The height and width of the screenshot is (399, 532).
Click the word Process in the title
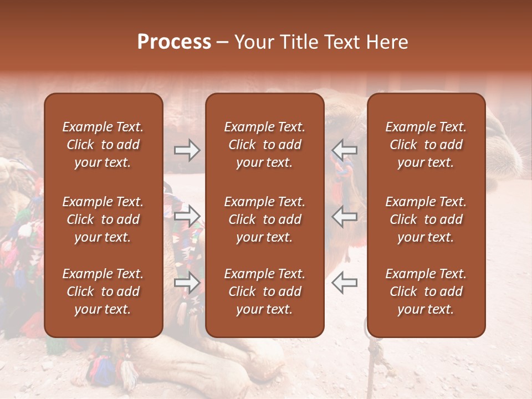pyautogui.click(x=174, y=42)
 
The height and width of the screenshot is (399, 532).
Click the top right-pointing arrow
pyautogui.click(x=187, y=150)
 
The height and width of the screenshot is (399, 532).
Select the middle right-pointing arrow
pyautogui.click(x=187, y=216)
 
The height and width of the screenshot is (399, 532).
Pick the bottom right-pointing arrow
pyautogui.click(x=187, y=283)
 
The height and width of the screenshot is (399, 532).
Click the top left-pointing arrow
pyautogui.click(x=344, y=150)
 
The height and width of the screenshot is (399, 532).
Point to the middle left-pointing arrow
pyautogui.click(x=344, y=216)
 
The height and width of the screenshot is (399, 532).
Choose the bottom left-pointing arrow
pyautogui.click(x=344, y=283)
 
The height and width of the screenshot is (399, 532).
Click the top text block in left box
pyautogui.click(x=103, y=145)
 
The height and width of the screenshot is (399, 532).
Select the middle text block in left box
pyautogui.click(x=103, y=219)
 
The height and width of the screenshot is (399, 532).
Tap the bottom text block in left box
pyautogui.click(x=103, y=291)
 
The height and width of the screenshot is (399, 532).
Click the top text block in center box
pyautogui.click(x=265, y=145)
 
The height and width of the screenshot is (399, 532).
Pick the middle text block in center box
pyautogui.click(x=265, y=219)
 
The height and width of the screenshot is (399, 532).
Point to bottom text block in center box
pyautogui.click(x=265, y=291)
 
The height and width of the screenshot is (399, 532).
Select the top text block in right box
pyautogui.click(x=426, y=145)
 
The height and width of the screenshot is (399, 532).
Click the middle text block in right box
pyautogui.click(x=426, y=219)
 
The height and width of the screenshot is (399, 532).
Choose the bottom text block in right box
pyautogui.click(x=426, y=291)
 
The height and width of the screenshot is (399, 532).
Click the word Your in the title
pyautogui.click(x=253, y=42)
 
